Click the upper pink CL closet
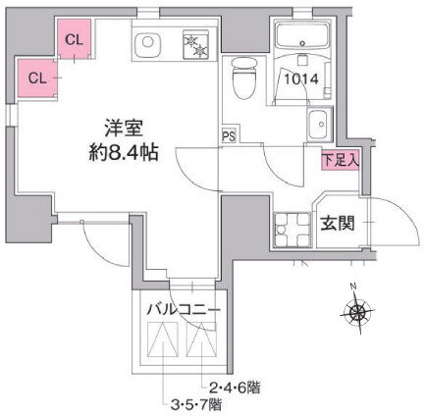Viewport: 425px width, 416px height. [75, 39]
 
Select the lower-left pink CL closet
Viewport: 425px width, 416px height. [37, 78]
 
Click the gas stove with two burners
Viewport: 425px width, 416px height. [195, 44]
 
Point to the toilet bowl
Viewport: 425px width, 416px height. [244, 78]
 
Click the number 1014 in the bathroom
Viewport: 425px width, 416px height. [301, 79]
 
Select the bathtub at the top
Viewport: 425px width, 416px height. [302, 36]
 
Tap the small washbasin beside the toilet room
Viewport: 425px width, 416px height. [317, 125]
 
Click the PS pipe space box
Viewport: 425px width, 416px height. [229, 134]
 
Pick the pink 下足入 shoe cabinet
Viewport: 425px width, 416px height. [341, 161]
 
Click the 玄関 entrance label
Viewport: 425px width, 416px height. [338, 225]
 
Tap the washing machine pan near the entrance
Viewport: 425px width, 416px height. [292, 230]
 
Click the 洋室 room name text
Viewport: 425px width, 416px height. [124, 129]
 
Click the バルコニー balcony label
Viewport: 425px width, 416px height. [183, 309]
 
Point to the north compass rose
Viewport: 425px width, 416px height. [357, 311]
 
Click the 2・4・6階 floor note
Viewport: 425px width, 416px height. [235, 389]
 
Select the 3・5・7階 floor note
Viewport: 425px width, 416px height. [196, 405]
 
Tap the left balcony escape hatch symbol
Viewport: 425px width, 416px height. [163, 339]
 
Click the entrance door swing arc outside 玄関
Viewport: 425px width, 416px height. [405, 212]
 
